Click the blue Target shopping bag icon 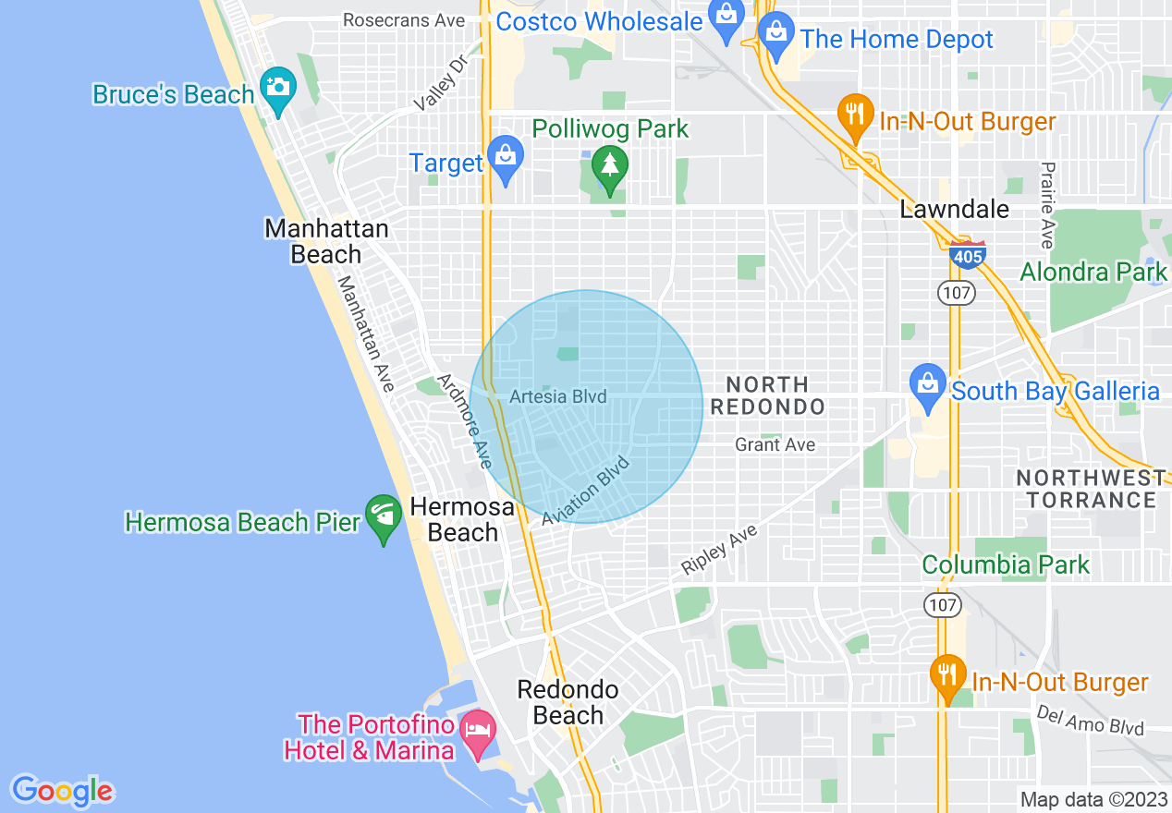[x=506, y=158]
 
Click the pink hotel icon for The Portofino [x=477, y=731]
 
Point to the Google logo [x=62, y=791]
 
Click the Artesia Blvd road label [x=558, y=397]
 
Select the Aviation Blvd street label [x=586, y=491]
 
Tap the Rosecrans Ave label [x=404, y=20]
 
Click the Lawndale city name [x=955, y=210]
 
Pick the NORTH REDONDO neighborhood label [x=775, y=395]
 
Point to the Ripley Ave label [x=720, y=551]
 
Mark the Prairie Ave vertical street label [x=1047, y=205]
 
